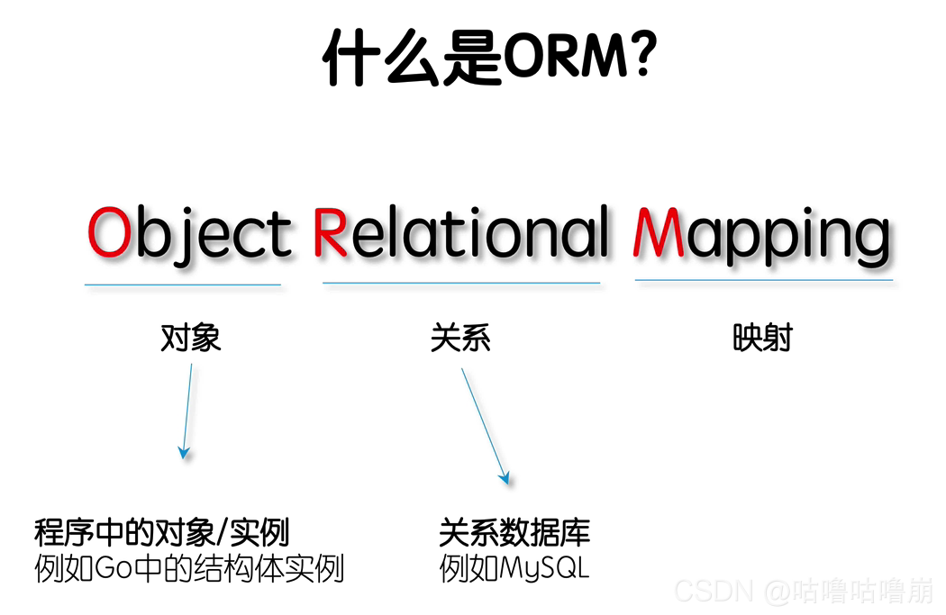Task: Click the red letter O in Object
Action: click(109, 232)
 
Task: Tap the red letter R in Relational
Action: click(330, 232)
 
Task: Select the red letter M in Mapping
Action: click(656, 232)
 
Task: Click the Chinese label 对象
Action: click(190, 338)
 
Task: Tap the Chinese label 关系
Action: click(460, 338)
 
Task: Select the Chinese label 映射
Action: click(762, 338)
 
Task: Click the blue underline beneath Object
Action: click(183, 285)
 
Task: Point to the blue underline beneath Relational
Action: click(461, 283)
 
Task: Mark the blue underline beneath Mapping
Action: click(764, 280)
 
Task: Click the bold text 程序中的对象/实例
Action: click(161, 532)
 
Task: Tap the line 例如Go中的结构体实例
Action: click(189, 569)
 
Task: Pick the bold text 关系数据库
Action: click(514, 532)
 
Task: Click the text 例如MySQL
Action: click(514, 569)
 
